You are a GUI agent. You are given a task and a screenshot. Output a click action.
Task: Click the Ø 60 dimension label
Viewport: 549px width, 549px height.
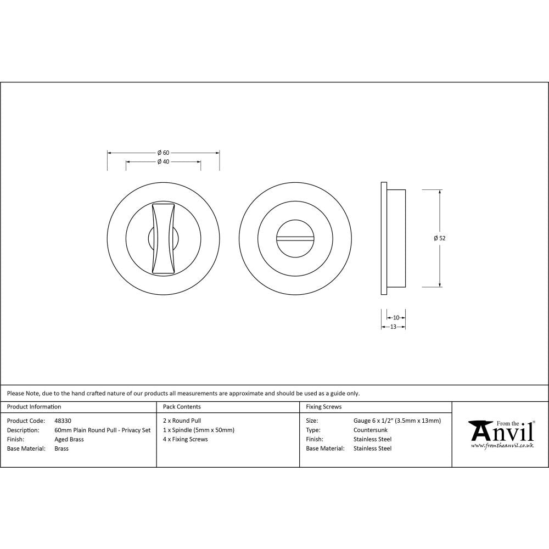click(163, 153)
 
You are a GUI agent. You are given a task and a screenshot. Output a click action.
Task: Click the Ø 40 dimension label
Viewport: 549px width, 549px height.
click(163, 162)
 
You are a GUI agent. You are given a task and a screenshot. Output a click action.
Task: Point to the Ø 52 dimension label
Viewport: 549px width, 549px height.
click(439, 238)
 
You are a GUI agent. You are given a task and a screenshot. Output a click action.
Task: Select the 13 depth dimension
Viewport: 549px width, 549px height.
click(393, 327)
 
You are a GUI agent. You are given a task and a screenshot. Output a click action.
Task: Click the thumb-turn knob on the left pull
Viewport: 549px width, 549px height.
click(164, 238)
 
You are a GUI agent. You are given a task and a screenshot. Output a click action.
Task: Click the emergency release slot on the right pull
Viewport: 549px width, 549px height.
click(296, 238)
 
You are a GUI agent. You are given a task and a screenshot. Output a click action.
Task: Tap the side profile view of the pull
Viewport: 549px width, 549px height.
click(393, 238)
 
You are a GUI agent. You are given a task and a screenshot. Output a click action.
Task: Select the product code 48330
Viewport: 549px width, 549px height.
click(63, 421)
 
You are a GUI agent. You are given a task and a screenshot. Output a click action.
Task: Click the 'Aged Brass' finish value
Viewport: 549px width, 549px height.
click(69, 439)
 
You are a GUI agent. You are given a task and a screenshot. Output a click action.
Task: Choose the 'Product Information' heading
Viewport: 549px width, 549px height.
click(34, 407)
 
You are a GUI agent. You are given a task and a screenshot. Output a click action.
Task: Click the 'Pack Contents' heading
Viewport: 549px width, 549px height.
click(182, 407)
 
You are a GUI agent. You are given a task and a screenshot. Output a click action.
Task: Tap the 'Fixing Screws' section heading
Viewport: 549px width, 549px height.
click(324, 407)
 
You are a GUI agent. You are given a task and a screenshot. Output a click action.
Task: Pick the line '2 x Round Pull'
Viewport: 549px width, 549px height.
click(182, 421)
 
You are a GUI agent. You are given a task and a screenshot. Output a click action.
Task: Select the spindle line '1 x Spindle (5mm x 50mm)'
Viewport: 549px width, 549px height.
click(199, 430)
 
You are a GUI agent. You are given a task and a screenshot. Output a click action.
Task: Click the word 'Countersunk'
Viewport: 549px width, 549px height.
click(371, 430)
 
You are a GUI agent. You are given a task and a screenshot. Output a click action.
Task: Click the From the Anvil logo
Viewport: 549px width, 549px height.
click(501, 434)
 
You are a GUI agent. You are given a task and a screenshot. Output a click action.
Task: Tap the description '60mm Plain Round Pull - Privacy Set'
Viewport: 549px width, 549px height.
click(103, 430)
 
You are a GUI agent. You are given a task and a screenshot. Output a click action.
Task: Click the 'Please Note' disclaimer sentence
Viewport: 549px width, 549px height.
click(183, 393)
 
